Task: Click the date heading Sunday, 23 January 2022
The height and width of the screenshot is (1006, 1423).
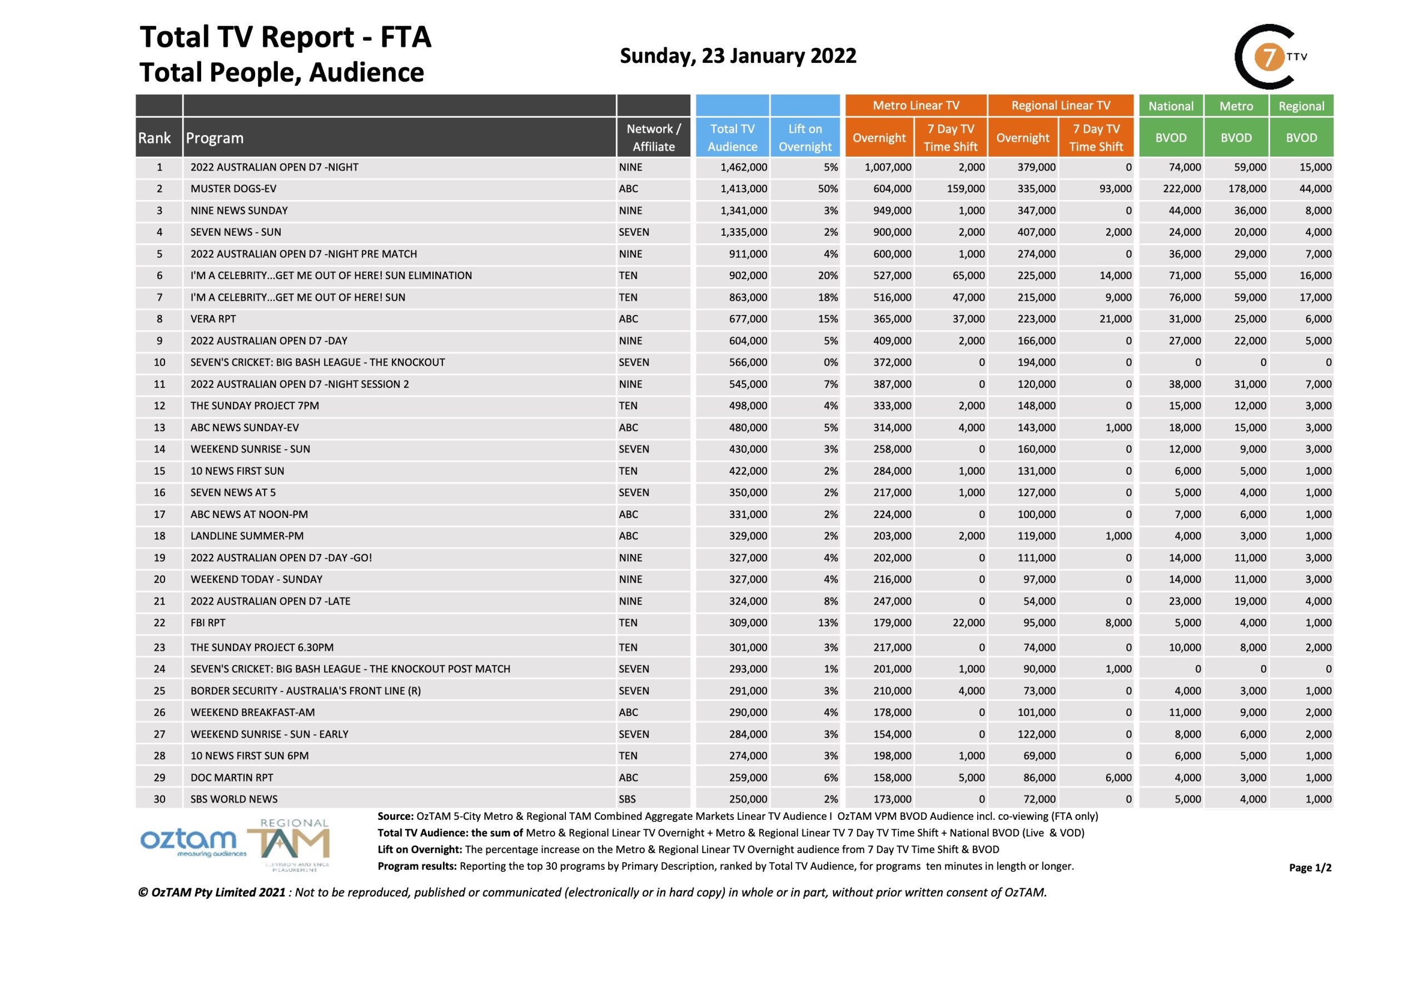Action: point(738,56)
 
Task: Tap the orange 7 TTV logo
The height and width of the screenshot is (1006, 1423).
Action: point(1269,57)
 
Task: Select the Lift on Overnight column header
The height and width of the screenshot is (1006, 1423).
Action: point(804,138)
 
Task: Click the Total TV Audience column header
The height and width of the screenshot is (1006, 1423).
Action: point(732,138)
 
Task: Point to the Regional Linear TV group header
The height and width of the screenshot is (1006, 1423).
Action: point(1061,106)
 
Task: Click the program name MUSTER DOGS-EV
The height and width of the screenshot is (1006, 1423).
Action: point(233,189)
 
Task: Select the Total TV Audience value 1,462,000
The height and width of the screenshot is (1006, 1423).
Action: point(743,167)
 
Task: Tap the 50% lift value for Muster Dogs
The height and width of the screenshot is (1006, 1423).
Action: point(828,189)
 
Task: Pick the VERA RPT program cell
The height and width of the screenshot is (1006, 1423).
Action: point(213,319)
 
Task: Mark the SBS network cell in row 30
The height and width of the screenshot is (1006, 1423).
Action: point(627,800)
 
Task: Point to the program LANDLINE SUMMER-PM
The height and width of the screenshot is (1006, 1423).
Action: point(247,536)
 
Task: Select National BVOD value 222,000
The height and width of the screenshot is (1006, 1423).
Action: point(1181,189)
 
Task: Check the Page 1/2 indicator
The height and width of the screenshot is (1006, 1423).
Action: point(1310,868)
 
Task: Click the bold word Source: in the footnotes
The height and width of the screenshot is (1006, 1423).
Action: point(395,817)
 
